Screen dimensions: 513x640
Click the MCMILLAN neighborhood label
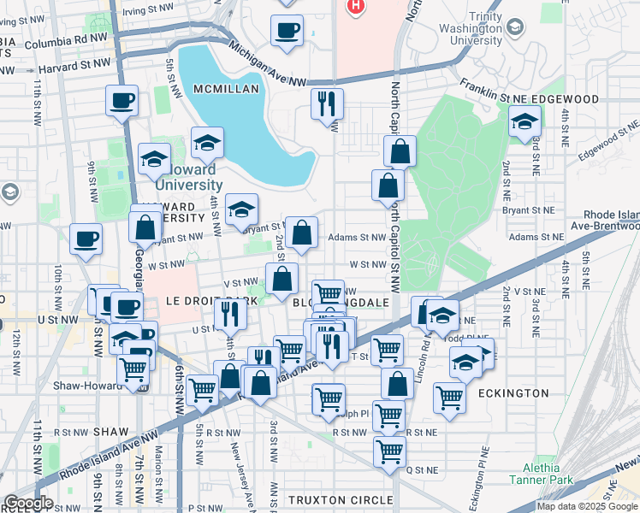coord(222,89)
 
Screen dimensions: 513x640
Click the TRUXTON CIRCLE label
coord(340,499)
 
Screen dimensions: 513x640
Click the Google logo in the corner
coord(27,503)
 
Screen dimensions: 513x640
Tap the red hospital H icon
coord(355,5)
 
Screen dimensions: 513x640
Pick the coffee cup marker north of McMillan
coord(287,31)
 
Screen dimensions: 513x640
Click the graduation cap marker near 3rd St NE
coord(524,121)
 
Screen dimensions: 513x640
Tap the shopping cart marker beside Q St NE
coord(389,451)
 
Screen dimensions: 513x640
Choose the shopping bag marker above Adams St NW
coord(301,232)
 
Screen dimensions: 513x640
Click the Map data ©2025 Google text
coord(587,506)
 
